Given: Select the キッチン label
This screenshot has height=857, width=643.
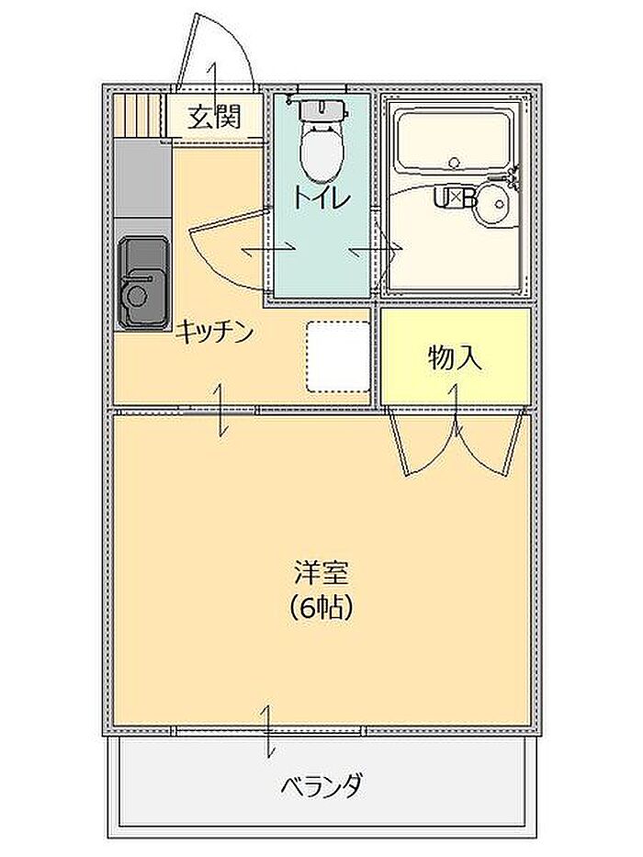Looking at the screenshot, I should point(214,332).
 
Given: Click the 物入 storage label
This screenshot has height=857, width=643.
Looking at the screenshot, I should point(455,357).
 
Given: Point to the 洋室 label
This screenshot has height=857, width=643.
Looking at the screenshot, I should point(321,574).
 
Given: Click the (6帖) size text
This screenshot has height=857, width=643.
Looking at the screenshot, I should point(321,606).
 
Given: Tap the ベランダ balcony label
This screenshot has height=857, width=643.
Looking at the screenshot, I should point(321,786).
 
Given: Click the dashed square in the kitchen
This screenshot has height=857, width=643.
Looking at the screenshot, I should point(337,355).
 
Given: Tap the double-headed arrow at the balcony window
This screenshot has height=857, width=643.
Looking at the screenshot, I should point(269,731).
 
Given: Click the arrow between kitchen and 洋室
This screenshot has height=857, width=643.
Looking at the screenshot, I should point(221,410).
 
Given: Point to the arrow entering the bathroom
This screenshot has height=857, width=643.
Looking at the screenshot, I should point(378,249).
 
